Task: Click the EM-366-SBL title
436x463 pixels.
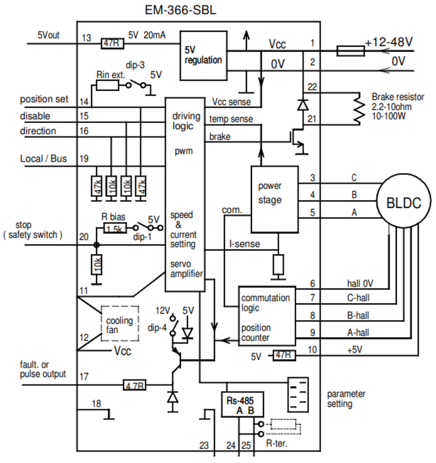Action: pos(180,10)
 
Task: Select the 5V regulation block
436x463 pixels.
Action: pos(203,56)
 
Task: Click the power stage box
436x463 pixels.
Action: pos(274,199)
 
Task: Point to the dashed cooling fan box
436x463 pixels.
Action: pos(120,324)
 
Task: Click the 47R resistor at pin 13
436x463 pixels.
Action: pos(112,44)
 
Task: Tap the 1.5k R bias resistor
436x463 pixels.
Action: pos(114,228)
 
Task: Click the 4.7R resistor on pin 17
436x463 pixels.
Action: pos(134,385)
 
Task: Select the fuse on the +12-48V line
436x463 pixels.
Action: pos(350,51)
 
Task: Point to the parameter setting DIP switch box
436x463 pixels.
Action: pos(298,395)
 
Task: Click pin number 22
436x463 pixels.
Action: pos(312,87)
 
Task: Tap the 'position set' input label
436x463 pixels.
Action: pos(44,99)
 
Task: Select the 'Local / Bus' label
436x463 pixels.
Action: pos(43,159)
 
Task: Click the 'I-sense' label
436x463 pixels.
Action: pos(244,244)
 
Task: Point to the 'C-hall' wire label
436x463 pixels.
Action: pos(358,298)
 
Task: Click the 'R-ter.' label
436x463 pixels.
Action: pos(276,444)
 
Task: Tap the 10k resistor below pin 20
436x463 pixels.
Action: pos(97,264)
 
